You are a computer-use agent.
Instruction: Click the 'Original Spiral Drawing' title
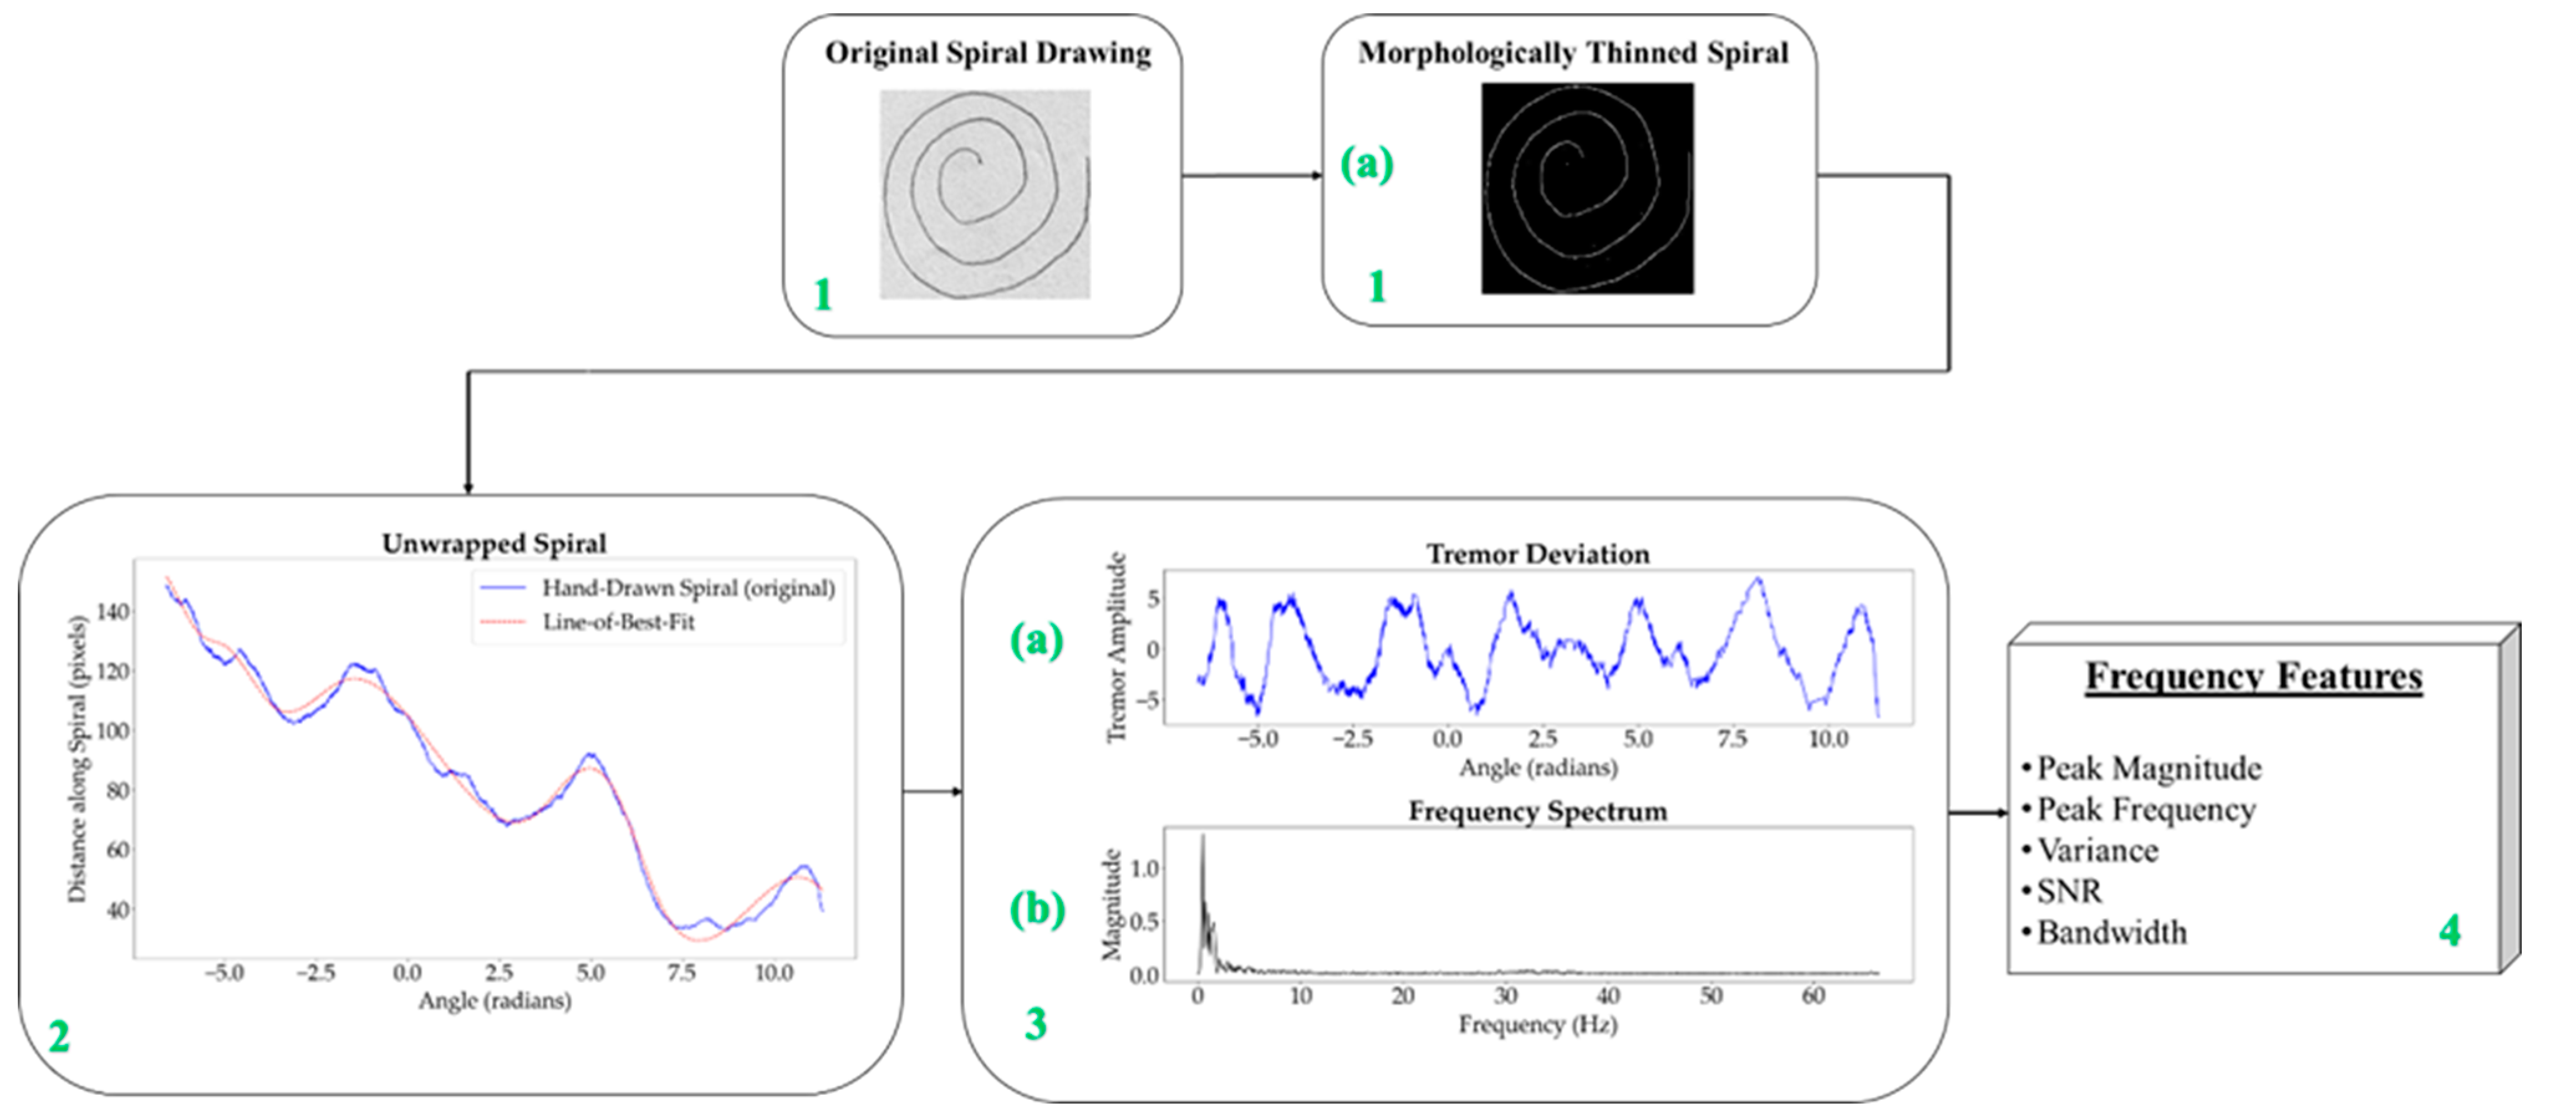pyautogui.click(x=987, y=53)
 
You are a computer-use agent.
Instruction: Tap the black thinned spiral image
pyautogui.click(x=1587, y=188)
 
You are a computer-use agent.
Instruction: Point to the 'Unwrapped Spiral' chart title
pyautogui.click(x=493, y=544)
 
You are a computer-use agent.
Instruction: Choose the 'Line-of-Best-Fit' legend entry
pyautogui.click(x=618, y=623)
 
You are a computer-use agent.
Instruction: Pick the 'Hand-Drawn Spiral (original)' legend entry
pyautogui.click(x=687, y=588)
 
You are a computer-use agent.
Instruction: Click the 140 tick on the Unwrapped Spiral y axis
pyautogui.click(x=112, y=611)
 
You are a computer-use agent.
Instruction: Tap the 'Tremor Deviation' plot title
pyautogui.click(x=1537, y=554)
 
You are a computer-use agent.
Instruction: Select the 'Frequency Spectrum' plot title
pyautogui.click(x=1537, y=811)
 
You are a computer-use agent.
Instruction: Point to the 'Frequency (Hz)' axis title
pyautogui.click(x=1537, y=1024)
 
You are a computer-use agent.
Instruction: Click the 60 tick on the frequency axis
pyautogui.click(x=1813, y=996)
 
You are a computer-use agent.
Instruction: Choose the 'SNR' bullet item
pyautogui.click(x=2070, y=891)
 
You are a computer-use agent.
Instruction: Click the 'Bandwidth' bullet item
pyautogui.click(x=2111, y=932)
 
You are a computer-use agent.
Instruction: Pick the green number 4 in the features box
pyautogui.click(x=2450, y=931)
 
